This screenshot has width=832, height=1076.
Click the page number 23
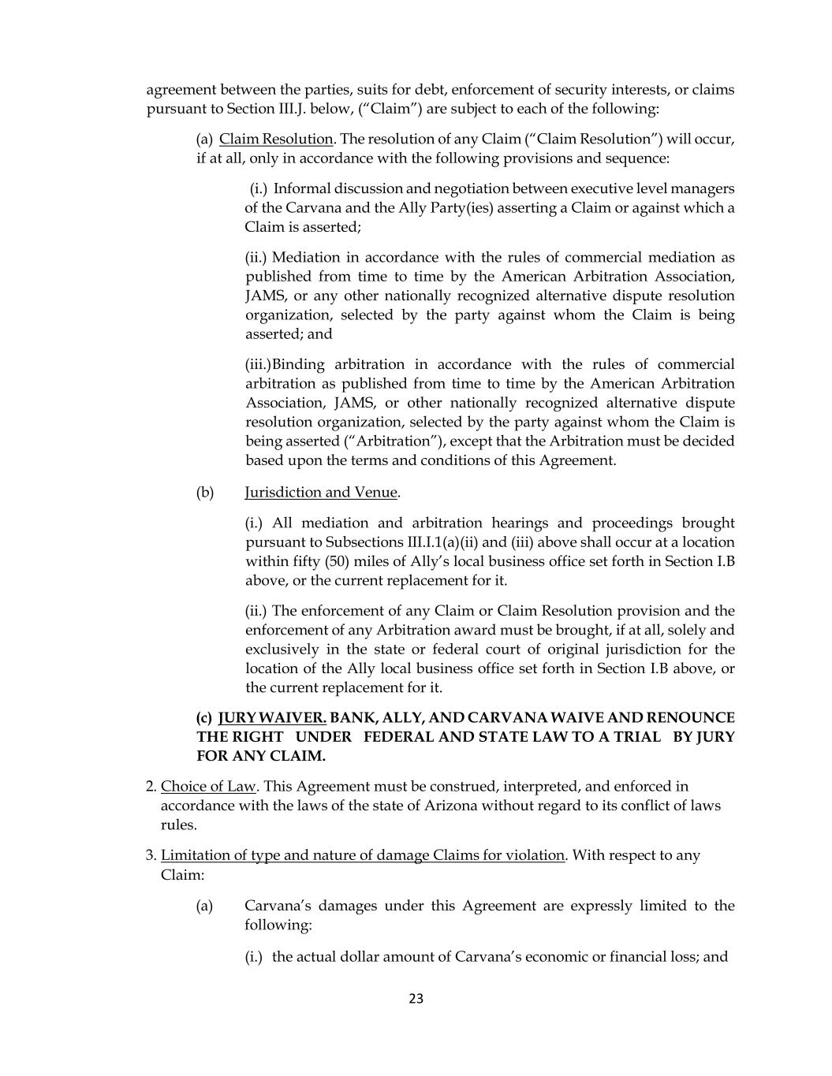416,999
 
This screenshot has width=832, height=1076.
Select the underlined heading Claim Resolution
276,139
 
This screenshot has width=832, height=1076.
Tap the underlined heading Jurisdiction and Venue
321,493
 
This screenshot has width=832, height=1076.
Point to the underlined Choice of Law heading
208,787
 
